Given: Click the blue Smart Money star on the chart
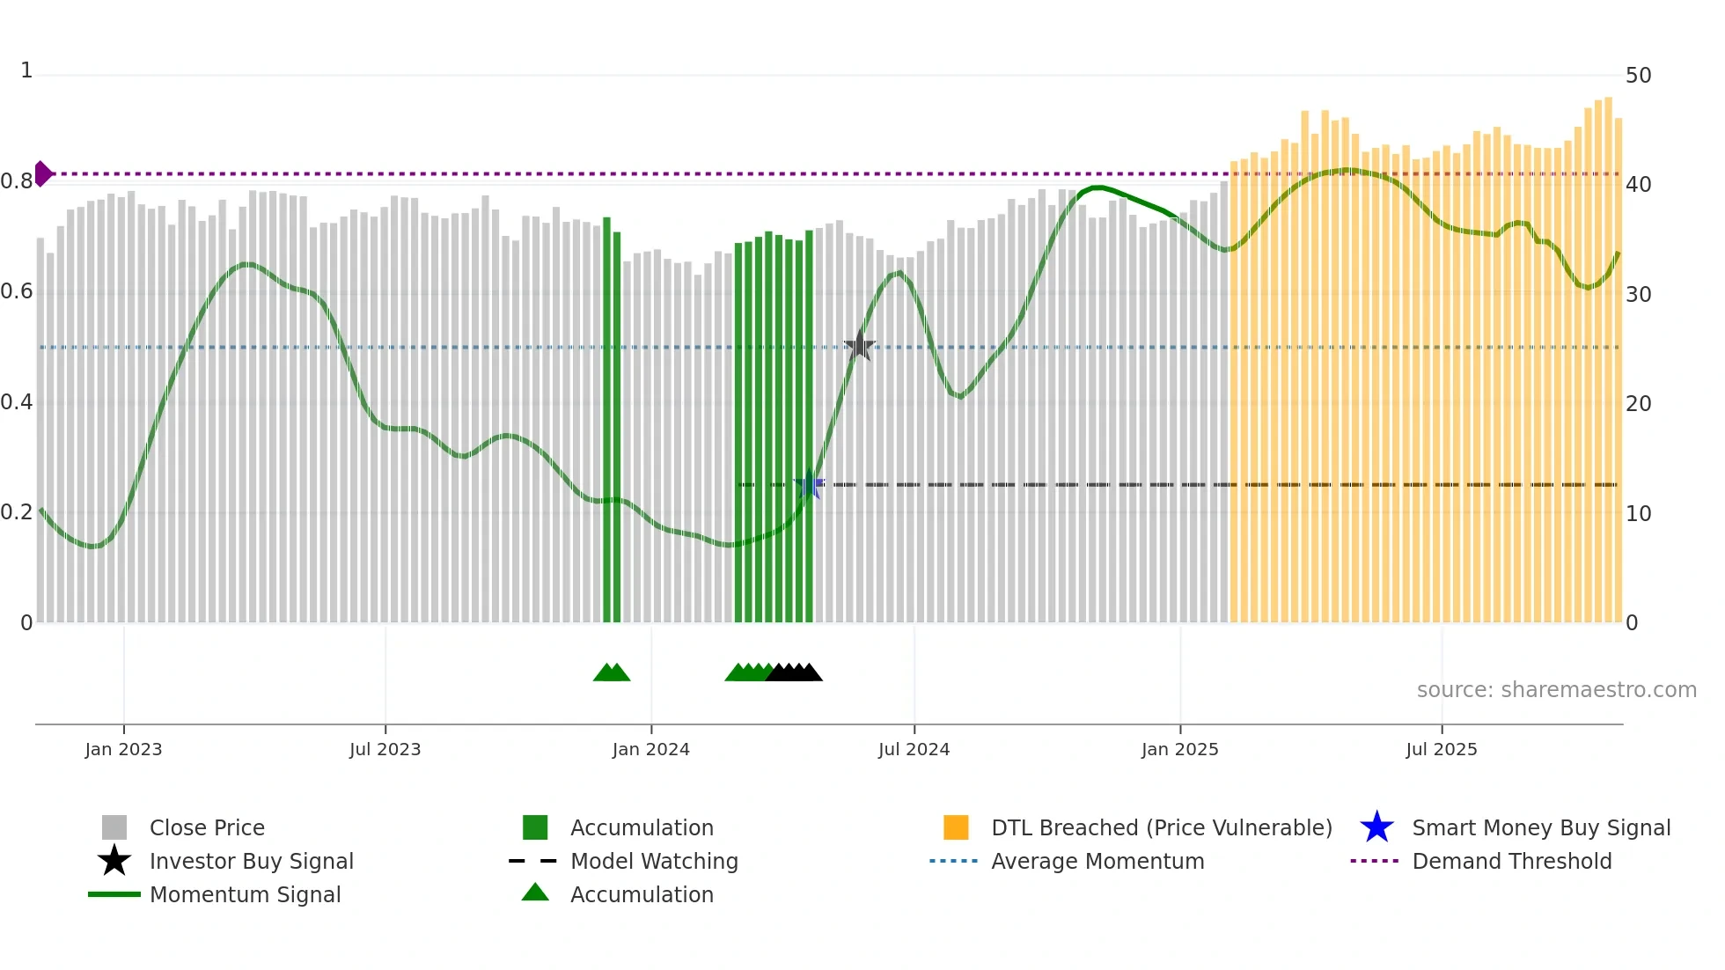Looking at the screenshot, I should [x=809, y=485].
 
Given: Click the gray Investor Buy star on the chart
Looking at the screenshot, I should [x=860, y=346].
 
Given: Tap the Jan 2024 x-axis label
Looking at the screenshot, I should [x=650, y=749].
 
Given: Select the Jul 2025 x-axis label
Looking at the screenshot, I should [x=1441, y=749].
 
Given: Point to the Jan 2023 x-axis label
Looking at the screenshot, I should [x=123, y=749].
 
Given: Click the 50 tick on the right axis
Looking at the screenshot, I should [x=1638, y=76].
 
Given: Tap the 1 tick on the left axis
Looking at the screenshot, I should [x=26, y=70].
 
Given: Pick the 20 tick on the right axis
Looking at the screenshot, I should [x=1638, y=404].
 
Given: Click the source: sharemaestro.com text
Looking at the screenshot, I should [x=1556, y=689].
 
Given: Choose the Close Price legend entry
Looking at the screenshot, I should [x=206, y=827].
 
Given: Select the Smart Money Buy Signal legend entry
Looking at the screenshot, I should [x=1540, y=827].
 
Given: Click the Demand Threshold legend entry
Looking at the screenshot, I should [x=1511, y=861].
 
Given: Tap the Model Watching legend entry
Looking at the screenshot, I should [x=653, y=861].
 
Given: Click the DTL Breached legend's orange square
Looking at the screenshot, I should [x=956, y=827].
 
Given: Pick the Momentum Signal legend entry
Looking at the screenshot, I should [x=245, y=894].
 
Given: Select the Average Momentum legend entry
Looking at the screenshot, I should [x=1097, y=861].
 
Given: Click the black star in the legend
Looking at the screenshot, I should [x=114, y=861].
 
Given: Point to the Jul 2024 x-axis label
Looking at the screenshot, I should [x=914, y=749].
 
